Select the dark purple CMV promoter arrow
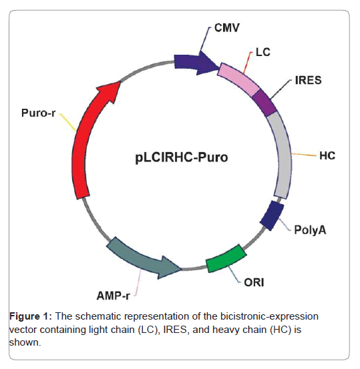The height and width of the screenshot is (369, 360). (196, 61)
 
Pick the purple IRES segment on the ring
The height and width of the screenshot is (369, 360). (264, 102)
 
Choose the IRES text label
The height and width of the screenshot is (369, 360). (308, 80)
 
